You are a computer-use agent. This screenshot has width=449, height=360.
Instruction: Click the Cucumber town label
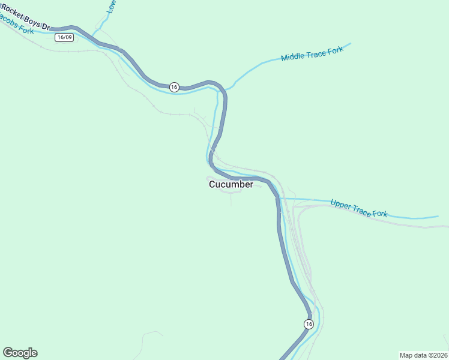231,185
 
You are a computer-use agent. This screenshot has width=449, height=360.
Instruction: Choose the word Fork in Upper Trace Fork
380,214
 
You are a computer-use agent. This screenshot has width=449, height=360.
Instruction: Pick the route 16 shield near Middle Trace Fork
174,87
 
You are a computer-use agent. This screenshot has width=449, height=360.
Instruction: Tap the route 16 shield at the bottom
309,324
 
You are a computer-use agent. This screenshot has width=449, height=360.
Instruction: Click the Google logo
20,353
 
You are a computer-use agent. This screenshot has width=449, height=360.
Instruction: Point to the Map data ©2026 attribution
423,355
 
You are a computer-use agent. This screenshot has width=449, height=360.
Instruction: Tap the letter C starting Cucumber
212,185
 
